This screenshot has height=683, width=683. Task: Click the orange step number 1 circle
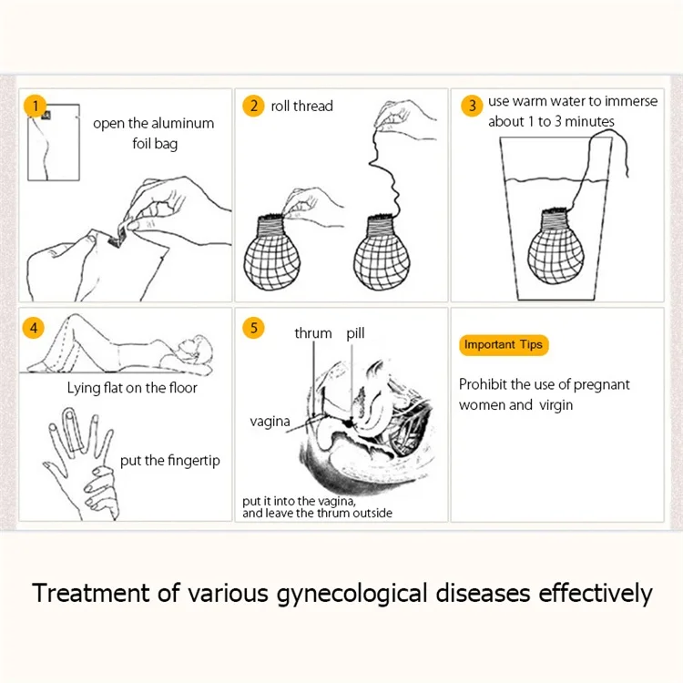point(35,106)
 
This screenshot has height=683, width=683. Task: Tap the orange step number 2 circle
point(253,106)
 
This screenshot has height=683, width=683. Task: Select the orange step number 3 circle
point(472,106)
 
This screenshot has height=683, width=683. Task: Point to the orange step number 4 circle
point(34,328)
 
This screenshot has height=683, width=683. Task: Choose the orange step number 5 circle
point(253,328)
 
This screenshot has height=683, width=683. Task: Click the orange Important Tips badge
point(504,345)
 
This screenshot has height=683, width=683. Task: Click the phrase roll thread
point(301,106)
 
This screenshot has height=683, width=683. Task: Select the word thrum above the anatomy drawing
point(313,333)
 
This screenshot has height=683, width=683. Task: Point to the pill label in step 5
point(355,333)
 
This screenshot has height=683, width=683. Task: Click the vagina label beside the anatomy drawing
point(270,422)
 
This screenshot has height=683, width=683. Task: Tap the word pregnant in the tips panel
point(602,385)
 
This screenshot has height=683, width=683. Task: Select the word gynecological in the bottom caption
point(352,594)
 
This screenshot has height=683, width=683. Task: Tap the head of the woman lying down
point(197,350)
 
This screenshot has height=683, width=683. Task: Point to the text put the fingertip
point(170,461)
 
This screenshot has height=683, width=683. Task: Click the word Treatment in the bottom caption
point(91,593)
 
